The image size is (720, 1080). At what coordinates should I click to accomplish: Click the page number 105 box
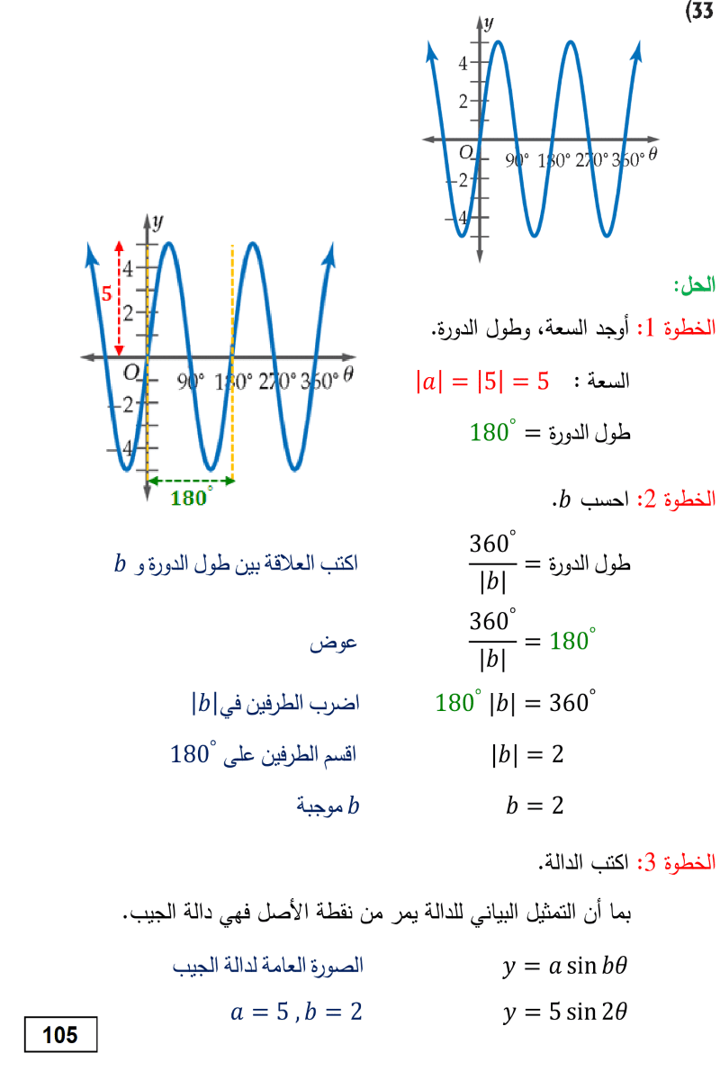coord(61,1034)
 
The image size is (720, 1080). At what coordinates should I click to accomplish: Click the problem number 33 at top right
coord(699,11)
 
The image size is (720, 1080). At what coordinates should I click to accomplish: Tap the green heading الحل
coord(695,285)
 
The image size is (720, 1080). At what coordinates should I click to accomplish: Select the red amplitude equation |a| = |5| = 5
coord(482,382)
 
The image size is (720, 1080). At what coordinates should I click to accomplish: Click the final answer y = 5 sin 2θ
coord(564,1012)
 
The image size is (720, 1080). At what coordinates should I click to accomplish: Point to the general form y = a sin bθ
coord(564,966)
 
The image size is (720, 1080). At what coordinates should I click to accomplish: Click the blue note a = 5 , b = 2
coord(296,1011)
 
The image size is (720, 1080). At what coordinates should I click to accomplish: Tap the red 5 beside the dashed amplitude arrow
coord(106,293)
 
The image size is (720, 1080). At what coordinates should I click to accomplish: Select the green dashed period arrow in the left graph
coord(191,481)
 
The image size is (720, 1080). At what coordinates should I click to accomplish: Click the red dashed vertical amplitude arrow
coord(119,299)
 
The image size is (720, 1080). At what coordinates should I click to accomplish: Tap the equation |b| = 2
coord(527,754)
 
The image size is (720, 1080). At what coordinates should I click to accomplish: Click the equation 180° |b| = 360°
coord(515,702)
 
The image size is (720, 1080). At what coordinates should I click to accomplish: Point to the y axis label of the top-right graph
coord(489,22)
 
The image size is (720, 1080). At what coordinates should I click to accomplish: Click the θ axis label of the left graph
coord(348,373)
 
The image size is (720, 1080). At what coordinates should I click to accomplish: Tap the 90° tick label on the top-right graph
coord(517,160)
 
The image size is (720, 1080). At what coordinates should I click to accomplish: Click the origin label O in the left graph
coord(130,373)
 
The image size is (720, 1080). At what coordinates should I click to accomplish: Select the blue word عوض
coord(333,643)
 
